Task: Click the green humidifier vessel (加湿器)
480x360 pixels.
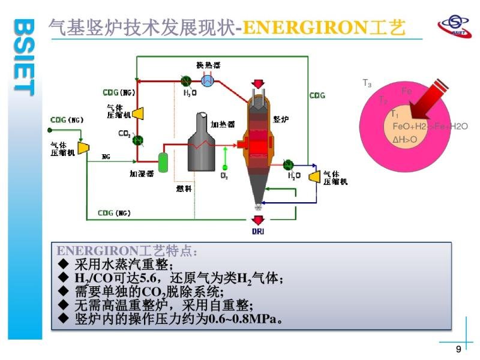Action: [162, 160]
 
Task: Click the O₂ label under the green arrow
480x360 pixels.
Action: [224, 176]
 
